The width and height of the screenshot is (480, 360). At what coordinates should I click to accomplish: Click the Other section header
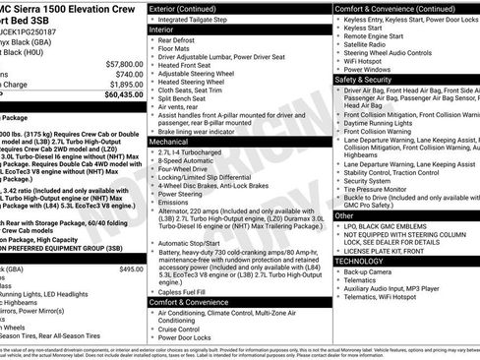pos(344,215)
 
